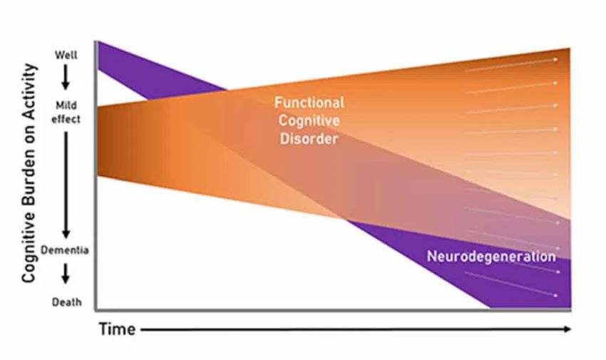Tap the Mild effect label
(x=66, y=113)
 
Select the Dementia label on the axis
(x=66, y=251)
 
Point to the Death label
(x=66, y=302)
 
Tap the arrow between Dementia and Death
(x=66, y=275)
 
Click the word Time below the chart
(x=116, y=329)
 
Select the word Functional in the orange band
(x=309, y=103)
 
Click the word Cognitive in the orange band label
(x=309, y=121)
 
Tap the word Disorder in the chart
(x=309, y=139)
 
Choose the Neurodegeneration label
(x=491, y=257)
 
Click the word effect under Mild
(x=66, y=119)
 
